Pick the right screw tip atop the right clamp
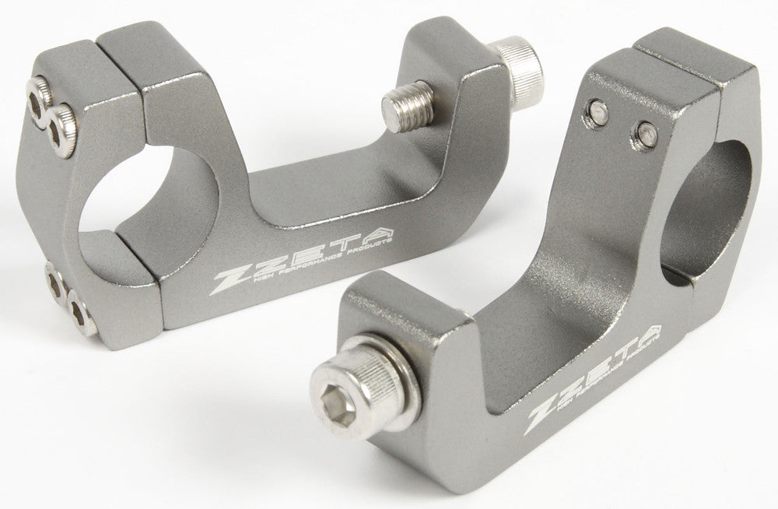643,132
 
